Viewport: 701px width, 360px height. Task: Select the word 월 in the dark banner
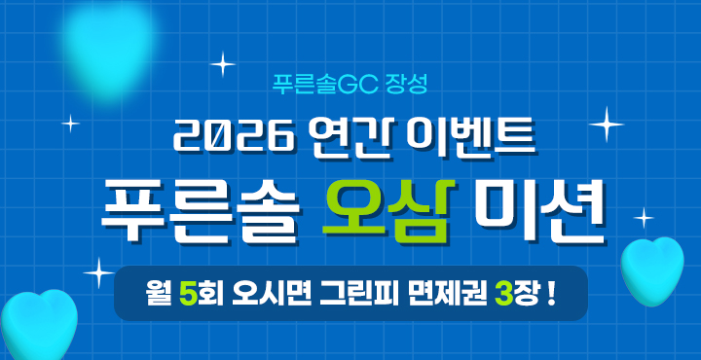pyautogui.click(x=155, y=293)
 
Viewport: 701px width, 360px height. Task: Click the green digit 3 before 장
pyautogui.click(x=503, y=293)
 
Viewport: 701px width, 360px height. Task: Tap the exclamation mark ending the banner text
pyautogui.click(x=552, y=293)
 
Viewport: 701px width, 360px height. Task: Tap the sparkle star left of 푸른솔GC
pyautogui.click(x=223, y=65)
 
